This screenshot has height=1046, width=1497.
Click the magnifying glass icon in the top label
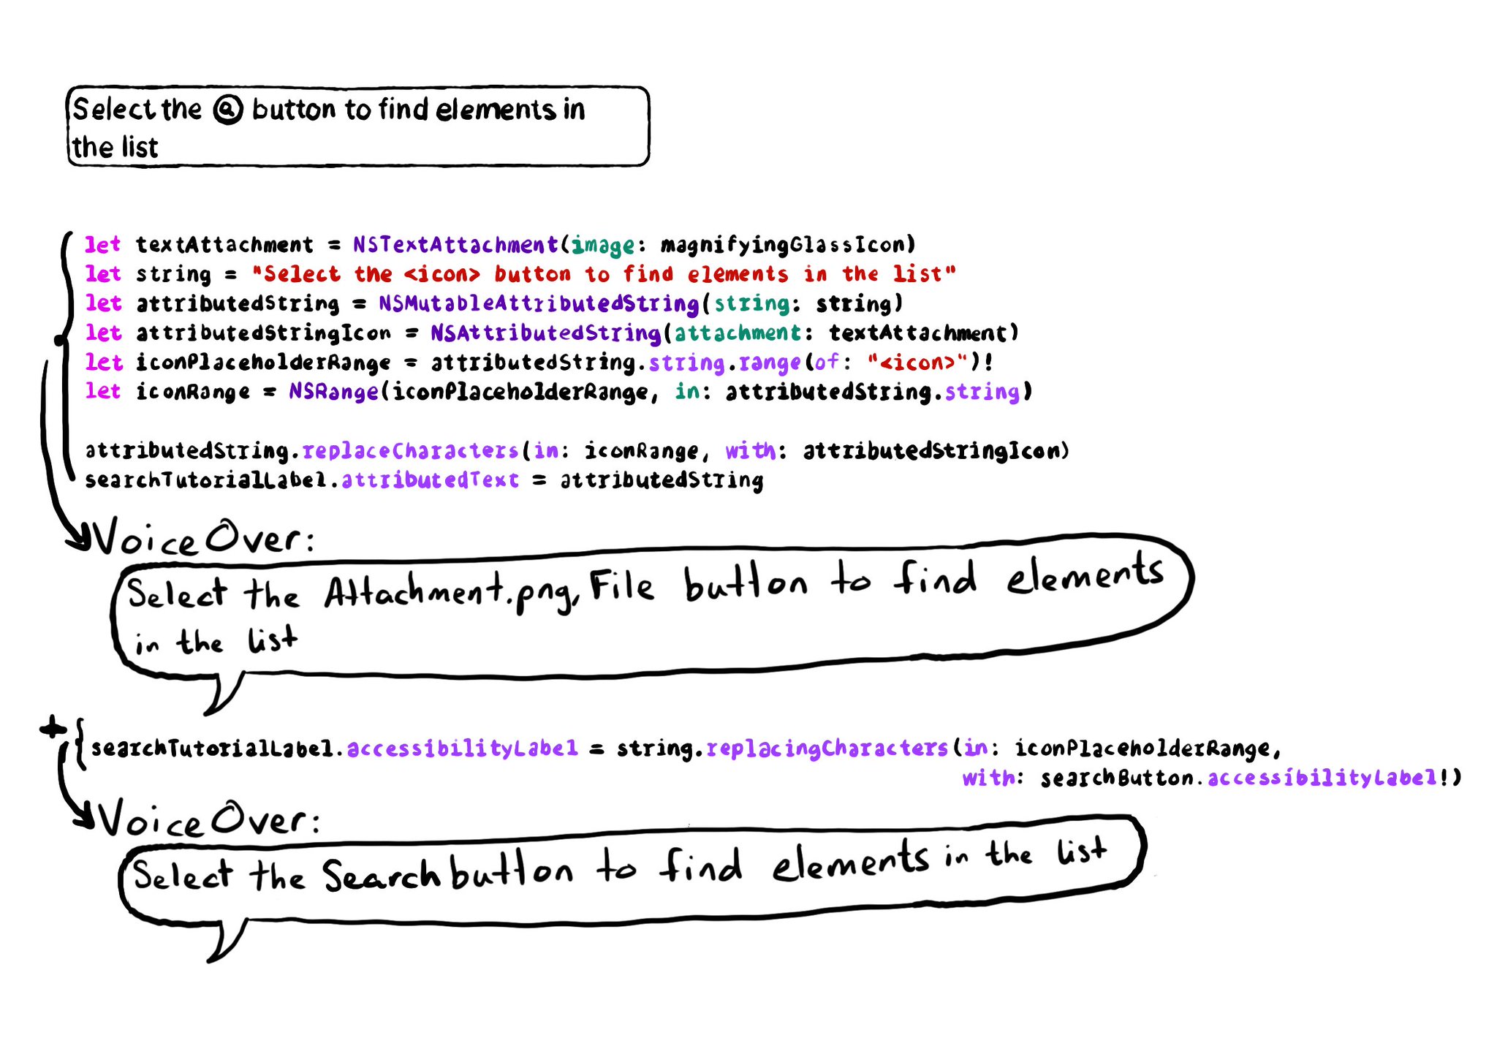coord(228,110)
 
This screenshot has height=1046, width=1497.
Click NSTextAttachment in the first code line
coord(455,244)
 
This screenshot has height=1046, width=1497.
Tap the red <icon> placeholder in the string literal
coord(442,274)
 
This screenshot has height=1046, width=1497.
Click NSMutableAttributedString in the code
coord(539,303)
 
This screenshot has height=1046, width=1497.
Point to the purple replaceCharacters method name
coord(410,451)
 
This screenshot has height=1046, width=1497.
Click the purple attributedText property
coord(430,480)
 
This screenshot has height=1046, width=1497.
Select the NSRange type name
coord(333,392)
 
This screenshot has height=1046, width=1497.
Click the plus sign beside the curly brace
coord(53,727)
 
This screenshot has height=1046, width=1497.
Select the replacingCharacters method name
coord(827,749)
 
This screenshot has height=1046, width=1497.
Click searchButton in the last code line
coord(1117,778)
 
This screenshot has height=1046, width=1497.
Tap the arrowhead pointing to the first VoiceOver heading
coord(79,539)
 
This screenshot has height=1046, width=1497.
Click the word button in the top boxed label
coord(294,110)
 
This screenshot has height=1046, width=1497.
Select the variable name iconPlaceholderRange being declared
coord(263,363)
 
